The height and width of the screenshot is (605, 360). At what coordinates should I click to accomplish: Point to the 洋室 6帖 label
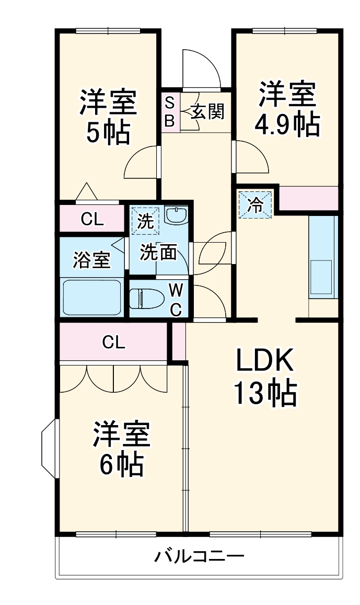122,448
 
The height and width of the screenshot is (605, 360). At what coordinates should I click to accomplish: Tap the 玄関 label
207,111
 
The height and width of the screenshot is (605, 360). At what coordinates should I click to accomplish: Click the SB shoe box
170,111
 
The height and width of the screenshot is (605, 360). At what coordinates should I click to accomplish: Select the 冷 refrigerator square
256,203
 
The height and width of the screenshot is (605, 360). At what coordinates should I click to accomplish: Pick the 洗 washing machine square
145,221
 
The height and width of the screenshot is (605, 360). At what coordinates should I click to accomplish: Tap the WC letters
176,299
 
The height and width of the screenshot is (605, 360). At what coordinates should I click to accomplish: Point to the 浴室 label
91,260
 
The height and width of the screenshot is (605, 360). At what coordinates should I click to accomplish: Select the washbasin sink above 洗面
176,215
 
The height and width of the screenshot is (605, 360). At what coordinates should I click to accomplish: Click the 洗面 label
158,253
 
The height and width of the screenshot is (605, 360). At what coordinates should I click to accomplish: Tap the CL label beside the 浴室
92,220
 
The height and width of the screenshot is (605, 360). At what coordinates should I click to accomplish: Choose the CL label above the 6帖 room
113,342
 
